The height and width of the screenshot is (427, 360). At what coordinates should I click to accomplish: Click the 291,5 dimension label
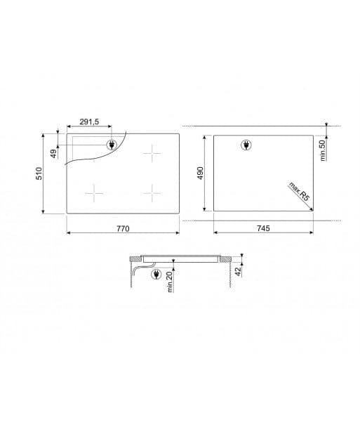point(88,121)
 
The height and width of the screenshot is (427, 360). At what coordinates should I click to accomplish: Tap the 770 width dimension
point(124,229)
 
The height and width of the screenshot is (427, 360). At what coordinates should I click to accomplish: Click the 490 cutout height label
point(200,173)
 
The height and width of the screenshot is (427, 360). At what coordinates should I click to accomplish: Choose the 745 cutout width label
point(262,229)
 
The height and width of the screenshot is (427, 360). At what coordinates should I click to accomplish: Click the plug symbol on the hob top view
point(111,145)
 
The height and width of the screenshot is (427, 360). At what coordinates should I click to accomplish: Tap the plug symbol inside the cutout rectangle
point(246,145)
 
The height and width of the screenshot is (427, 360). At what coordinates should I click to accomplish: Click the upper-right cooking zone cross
point(151,154)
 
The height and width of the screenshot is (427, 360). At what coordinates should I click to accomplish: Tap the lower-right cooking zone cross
point(151,190)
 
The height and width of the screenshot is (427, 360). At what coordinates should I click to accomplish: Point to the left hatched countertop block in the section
point(135,260)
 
